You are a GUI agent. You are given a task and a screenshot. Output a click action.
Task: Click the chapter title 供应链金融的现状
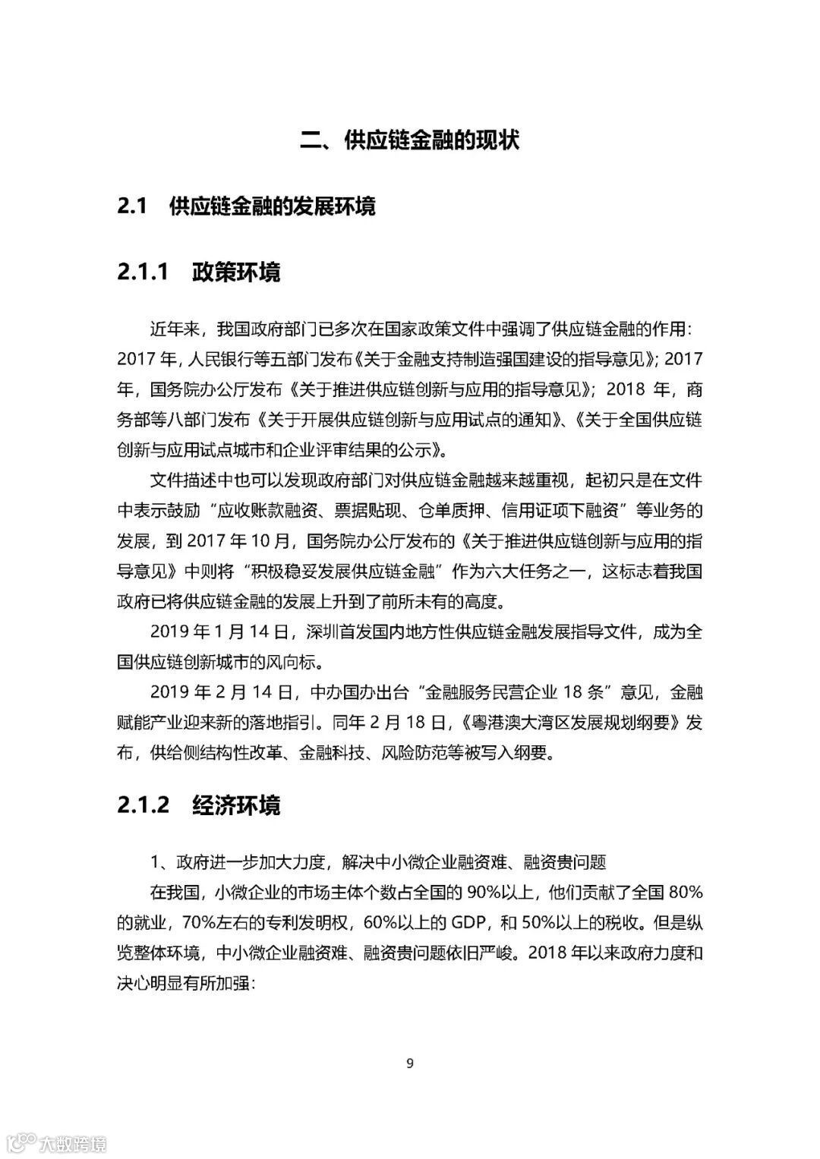pyautogui.click(x=431, y=140)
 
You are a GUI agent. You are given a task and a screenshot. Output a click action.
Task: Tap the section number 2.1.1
pyautogui.click(x=143, y=272)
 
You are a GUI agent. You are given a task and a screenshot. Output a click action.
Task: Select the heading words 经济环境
pyautogui.click(x=236, y=805)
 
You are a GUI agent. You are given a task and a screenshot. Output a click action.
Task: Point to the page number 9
pyautogui.click(x=410, y=1063)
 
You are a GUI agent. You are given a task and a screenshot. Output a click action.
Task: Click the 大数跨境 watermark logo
pyautogui.click(x=58, y=1142)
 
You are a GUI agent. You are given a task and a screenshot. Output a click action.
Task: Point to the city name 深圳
pyautogui.click(x=322, y=631)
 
